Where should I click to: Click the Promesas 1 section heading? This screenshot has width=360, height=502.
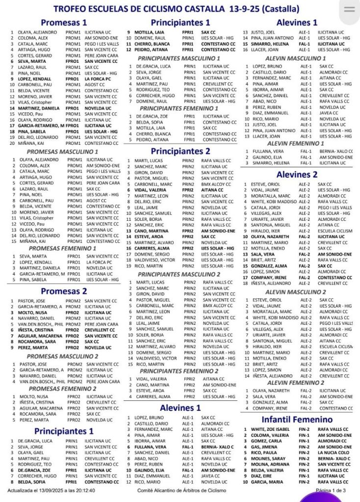point(64,22)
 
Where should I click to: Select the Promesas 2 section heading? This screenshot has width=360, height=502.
point(64,291)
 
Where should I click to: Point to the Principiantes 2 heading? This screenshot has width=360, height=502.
point(180,151)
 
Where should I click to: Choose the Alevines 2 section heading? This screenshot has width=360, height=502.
point(297,174)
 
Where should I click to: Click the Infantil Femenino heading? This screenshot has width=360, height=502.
point(297,420)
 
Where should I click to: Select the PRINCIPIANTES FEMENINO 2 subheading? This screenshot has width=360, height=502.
point(179,371)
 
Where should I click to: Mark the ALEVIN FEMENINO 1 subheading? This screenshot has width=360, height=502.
point(296,143)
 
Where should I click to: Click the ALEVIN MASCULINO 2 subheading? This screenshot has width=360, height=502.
point(296,292)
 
